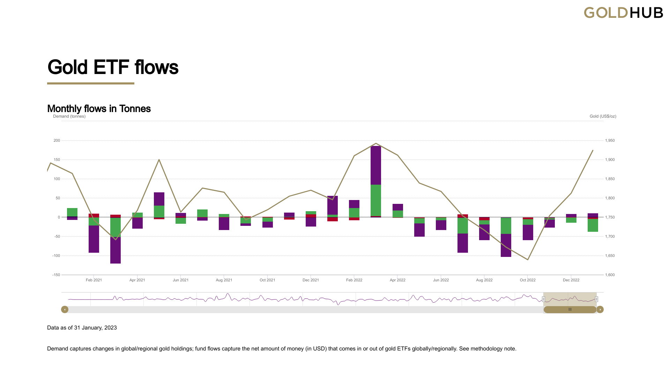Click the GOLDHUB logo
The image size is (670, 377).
[x=623, y=13]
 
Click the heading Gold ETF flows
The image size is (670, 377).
[x=113, y=67]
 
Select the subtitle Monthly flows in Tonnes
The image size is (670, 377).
[x=99, y=109]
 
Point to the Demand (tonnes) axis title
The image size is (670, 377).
[x=69, y=116]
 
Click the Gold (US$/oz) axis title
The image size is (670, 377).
[x=603, y=116]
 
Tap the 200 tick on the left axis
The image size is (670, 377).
[x=57, y=140]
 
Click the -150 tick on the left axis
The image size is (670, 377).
[x=56, y=275]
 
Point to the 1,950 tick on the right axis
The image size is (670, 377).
[x=610, y=140]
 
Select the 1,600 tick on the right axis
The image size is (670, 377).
[x=610, y=275]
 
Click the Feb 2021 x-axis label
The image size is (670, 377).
[x=94, y=280]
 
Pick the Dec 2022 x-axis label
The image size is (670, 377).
[x=571, y=280]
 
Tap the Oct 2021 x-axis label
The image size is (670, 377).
[x=267, y=280]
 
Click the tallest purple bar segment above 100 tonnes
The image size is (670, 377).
[x=376, y=165]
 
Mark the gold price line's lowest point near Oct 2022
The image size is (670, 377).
[x=528, y=259]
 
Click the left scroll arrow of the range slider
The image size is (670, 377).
[x=65, y=309]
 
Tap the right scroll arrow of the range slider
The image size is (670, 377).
[x=600, y=309]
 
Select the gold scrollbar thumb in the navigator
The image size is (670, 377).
[x=570, y=309]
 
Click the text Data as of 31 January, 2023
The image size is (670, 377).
[x=82, y=327]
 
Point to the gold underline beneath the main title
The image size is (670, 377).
[x=91, y=83]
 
